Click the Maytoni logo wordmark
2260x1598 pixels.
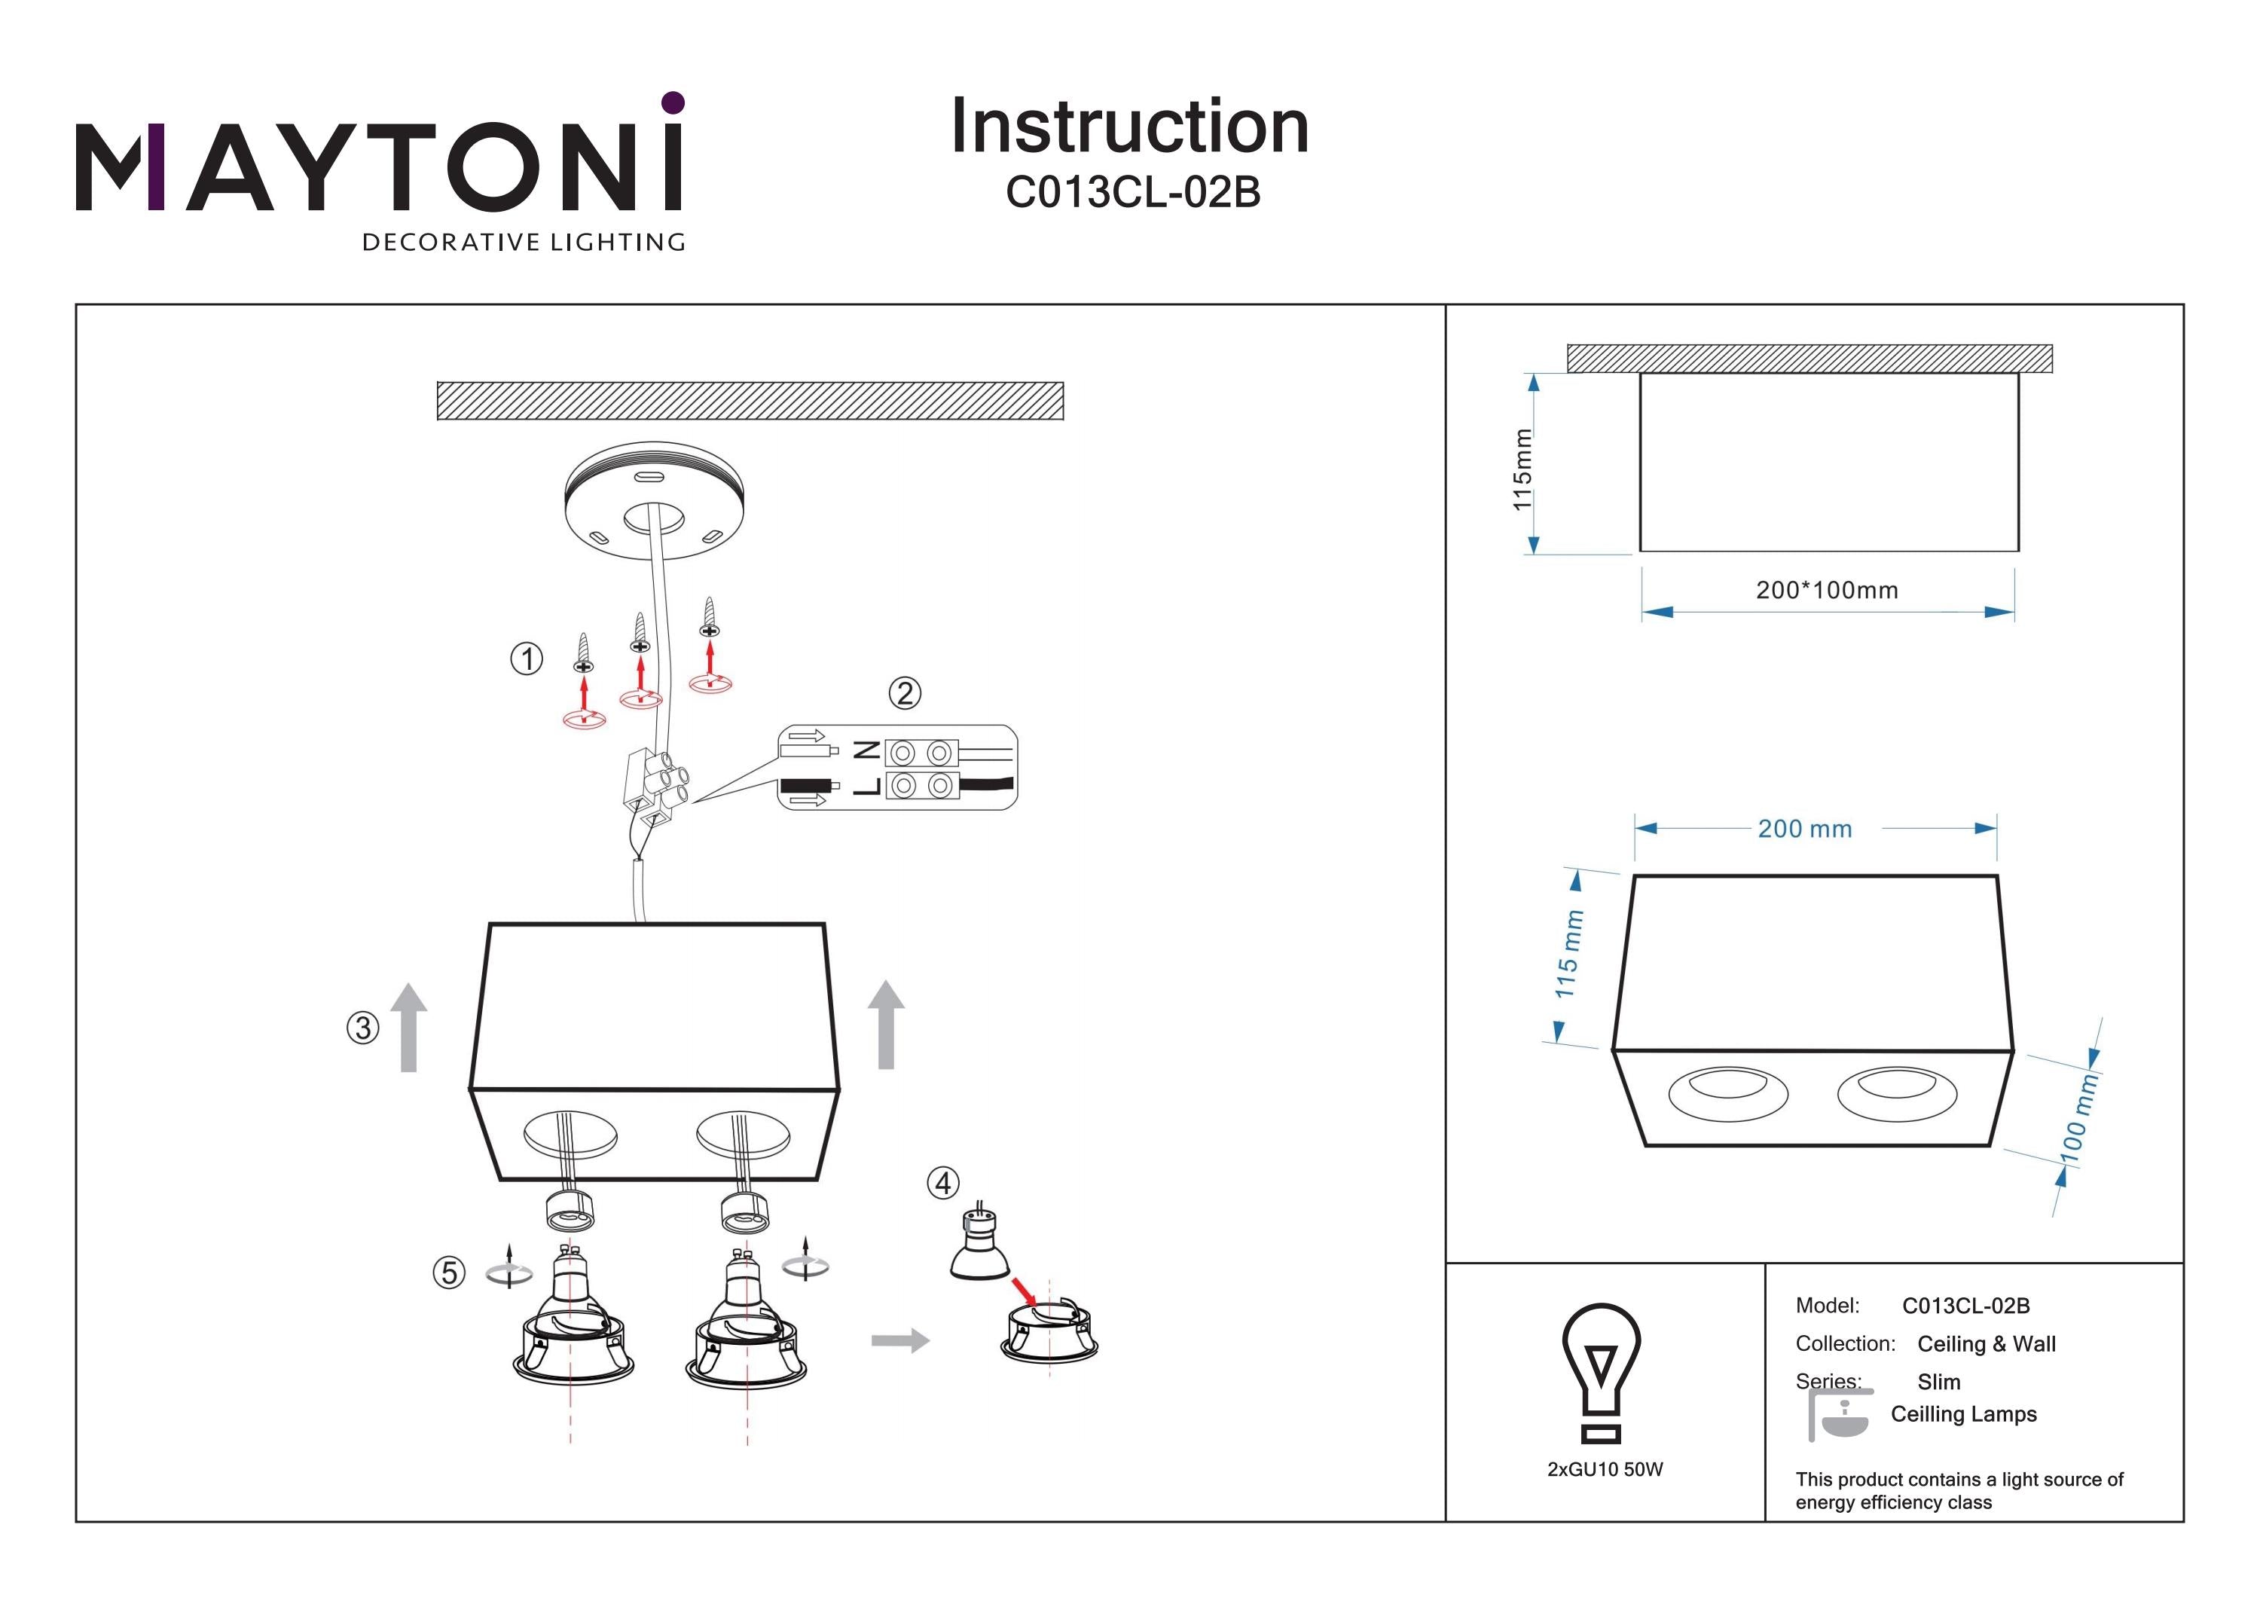(x=379, y=167)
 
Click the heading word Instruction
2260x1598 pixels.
(x=1129, y=127)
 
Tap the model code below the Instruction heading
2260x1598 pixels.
(x=1132, y=193)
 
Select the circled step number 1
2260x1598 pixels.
(x=527, y=658)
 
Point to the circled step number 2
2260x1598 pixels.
(x=905, y=693)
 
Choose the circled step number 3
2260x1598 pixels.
(x=362, y=1028)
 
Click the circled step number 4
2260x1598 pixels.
(x=943, y=1183)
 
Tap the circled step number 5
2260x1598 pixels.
(x=449, y=1273)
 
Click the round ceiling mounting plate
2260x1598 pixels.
(x=654, y=502)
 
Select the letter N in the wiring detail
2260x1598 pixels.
(x=866, y=751)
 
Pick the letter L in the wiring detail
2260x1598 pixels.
(x=866, y=786)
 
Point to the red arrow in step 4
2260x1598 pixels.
(x=1024, y=1291)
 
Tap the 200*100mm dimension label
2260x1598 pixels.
(x=1826, y=591)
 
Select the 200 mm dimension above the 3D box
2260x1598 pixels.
(x=1804, y=829)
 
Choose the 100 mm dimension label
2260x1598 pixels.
(x=2079, y=1119)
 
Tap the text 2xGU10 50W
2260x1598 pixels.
(x=1605, y=1469)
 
